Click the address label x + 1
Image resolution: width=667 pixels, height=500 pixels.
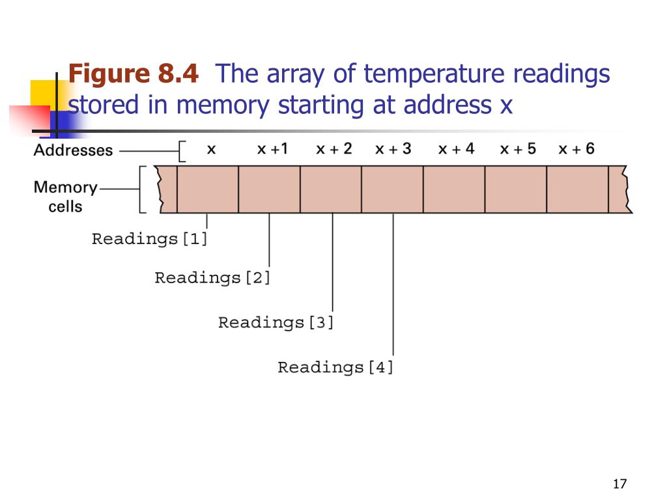point(272,149)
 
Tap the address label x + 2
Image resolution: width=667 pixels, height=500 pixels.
point(333,149)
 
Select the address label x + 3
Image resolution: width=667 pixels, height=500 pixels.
point(393,149)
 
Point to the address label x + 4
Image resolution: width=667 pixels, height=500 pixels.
point(456,149)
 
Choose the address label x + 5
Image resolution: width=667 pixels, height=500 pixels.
point(518,149)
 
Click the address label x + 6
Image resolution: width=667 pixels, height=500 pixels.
point(576,149)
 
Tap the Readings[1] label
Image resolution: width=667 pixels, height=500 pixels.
point(149,239)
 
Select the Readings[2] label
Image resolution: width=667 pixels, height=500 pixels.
point(212,278)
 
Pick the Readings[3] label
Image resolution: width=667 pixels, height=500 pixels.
point(276,322)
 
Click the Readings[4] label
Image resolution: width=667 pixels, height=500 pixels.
point(335,367)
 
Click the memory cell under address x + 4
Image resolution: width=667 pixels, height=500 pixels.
point(454,189)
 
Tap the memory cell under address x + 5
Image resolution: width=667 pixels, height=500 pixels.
point(515,189)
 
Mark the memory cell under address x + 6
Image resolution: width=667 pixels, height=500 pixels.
point(577,189)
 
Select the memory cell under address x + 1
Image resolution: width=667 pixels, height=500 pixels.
point(269,189)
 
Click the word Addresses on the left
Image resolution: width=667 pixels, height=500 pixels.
point(73,150)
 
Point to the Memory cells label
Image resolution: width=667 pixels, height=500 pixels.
point(65,197)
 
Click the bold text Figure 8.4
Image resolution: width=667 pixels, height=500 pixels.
point(134,74)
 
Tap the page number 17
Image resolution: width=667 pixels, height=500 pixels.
point(619,484)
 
